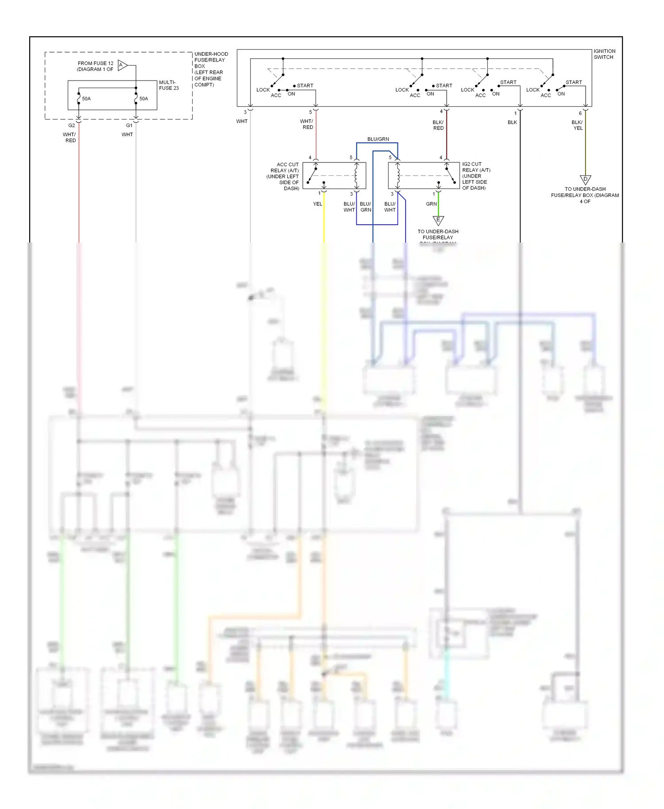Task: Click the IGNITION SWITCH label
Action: (x=604, y=54)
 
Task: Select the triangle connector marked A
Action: (x=123, y=65)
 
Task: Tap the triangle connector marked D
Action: (x=585, y=179)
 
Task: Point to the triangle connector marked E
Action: (x=438, y=220)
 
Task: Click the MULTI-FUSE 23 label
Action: (x=169, y=85)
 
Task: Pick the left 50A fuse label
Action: (x=86, y=99)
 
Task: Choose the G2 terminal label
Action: (x=72, y=125)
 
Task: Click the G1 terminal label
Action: (x=129, y=125)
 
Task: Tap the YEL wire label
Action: (x=317, y=204)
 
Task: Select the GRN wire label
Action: (x=431, y=204)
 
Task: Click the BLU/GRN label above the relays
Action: (x=378, y=139)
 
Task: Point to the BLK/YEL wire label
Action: (x=577, y=125)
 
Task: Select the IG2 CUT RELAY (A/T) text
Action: (x=476, y=176)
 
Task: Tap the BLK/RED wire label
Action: (x=438, y=125)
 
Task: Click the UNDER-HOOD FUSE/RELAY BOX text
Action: (x=211, y=69)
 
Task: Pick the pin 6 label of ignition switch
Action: (x=580, y=113)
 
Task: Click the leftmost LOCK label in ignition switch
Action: (x=263, y=90)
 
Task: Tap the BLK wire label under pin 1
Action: (x=512, y=122)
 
